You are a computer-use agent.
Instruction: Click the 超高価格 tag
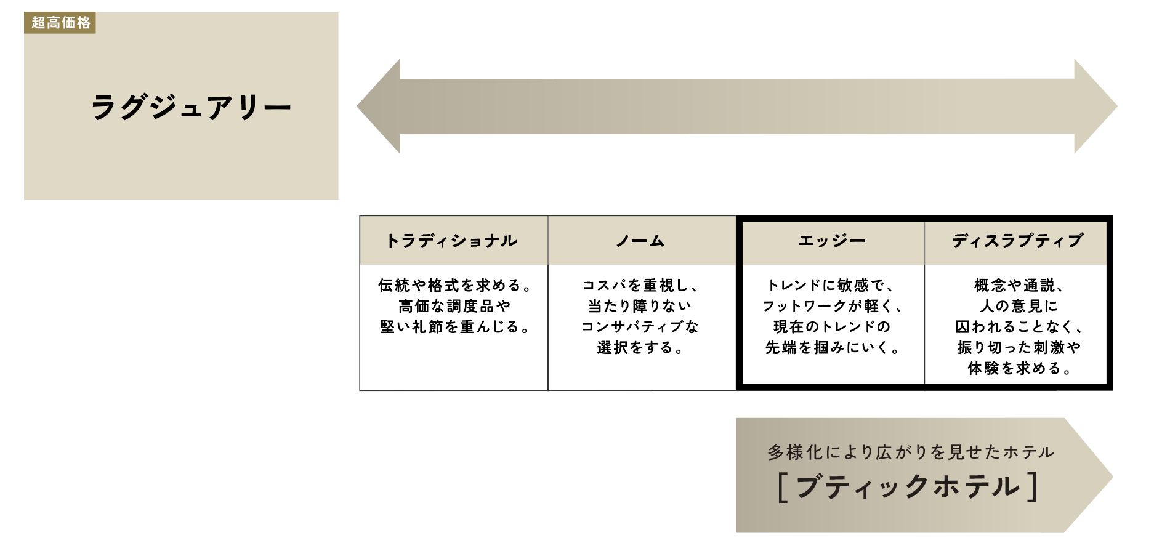(x=60, y=23)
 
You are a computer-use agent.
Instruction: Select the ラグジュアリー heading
(x=191, y=107)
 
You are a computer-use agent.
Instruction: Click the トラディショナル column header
(x=453, y=241)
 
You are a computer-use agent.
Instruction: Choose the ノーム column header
(x=641, y=241)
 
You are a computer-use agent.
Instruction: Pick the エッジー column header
(x=831, y=241)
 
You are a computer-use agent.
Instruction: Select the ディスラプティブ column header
(x=1017, y=241)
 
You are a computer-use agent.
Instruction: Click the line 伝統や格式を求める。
(x=454, y=285)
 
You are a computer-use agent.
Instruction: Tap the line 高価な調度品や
(x=454, y=306)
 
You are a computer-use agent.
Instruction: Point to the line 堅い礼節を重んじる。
(x=454, y=327)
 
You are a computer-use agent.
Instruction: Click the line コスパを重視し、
(x=640, y=285)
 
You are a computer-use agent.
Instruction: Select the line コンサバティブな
(x=640, y=327)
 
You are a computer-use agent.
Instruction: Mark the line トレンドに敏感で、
(x=831, y=285)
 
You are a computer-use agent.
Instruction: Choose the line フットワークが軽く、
(x=832, y=306)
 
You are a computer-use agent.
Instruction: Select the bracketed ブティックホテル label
(x=908, y=487)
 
